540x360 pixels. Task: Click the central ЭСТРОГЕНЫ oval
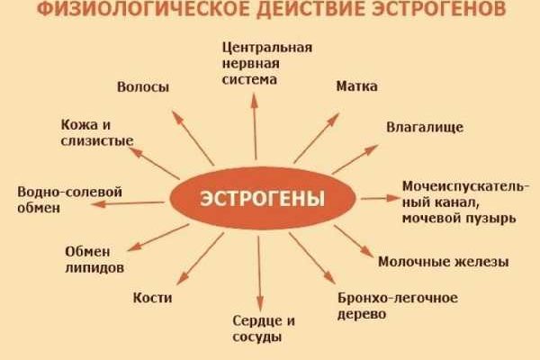[x=263, y=198]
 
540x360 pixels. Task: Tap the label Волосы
[x=143, y=86]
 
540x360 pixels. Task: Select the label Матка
[x=356, y=86]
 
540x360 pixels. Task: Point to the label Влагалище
[x=425, y=128]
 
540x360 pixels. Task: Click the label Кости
[x=153, y=298]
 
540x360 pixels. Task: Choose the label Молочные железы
[x=444, y=262]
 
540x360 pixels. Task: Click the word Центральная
[x=267, y=48]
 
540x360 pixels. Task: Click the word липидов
[x=94, y=268]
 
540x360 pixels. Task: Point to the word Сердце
[x=256, y=321]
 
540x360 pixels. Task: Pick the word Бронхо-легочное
[x=398, y=298]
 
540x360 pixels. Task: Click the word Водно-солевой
[x=69, y=192]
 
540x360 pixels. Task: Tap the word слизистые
[x=97, y=140]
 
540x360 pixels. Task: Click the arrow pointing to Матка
[x=316, y=138]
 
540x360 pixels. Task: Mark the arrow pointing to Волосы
[x=193, y=138]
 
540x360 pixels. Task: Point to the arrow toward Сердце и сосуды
[x=259, y=274]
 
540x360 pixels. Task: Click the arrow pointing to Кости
[x=200, y=258]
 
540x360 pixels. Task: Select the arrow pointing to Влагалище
[x=355, y=159]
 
